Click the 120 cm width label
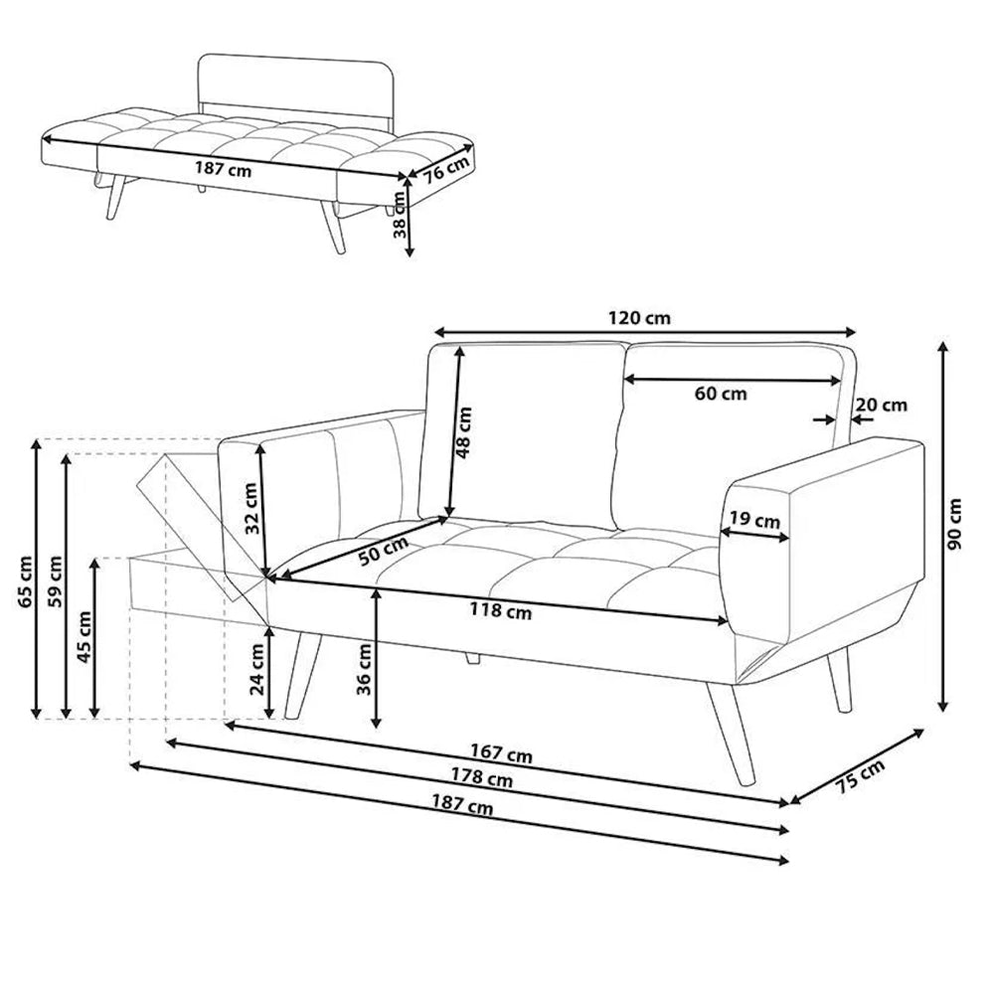click(x=639, y=318)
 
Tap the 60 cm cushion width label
click(x=721, y=394)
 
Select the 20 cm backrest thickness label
click(x=881, y=405)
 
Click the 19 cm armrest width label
click(x=754, y=520)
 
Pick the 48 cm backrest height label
click(x=464, y=433)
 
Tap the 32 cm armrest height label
click(x=250, y=508)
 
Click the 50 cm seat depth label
click(x=383, y=552)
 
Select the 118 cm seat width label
click(x=501, y=611)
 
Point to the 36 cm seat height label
click(x=364, y=669)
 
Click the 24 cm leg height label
click(x=256, y=669)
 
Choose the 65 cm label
click(x=26, y=581)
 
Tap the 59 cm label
click(x=56, y=581)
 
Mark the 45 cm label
click(x=84, y=636)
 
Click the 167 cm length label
click(x=501, y=753)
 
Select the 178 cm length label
click(x=482, y=777)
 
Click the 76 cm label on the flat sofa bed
click(x=447, y=169)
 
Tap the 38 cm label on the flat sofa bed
click(x=400, y=215)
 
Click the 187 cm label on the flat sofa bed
click(x=223, y=170)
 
